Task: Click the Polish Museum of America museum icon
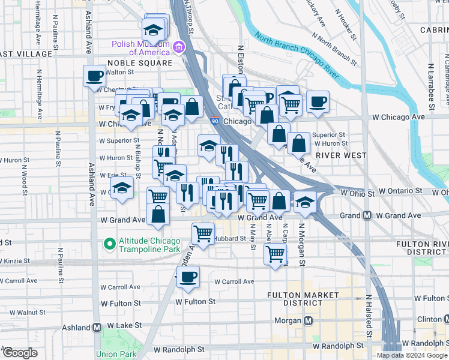click(x=178, y=47)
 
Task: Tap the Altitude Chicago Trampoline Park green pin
click(x=109, y=244)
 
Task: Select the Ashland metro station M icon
click(x=96, y=328)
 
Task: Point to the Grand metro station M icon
click(x=366, y=215)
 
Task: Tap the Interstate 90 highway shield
click(x=215, y=121)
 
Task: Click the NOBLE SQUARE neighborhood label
click(x=140, y=62)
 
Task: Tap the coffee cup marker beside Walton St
click(x=94, y=76)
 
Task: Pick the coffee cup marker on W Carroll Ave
click(x=188, y=277)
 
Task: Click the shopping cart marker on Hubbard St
click(x=203, y=233)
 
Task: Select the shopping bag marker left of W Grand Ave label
click(x=158, y=215)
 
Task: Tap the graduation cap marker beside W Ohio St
click(x=305, y=202)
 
